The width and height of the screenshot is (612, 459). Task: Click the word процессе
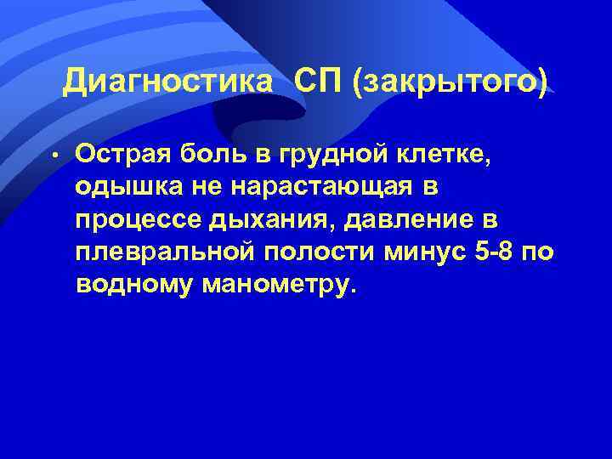pyautogui.click(x=135, y=219)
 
